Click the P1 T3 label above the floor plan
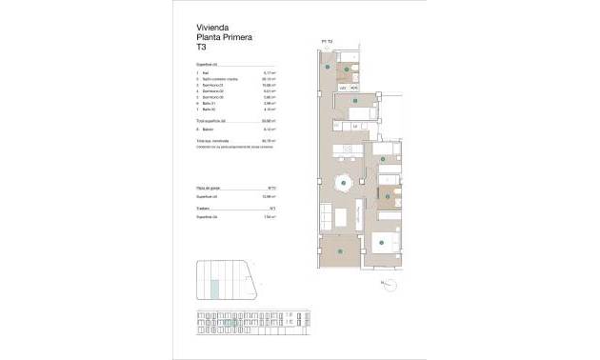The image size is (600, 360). pos(327,41)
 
